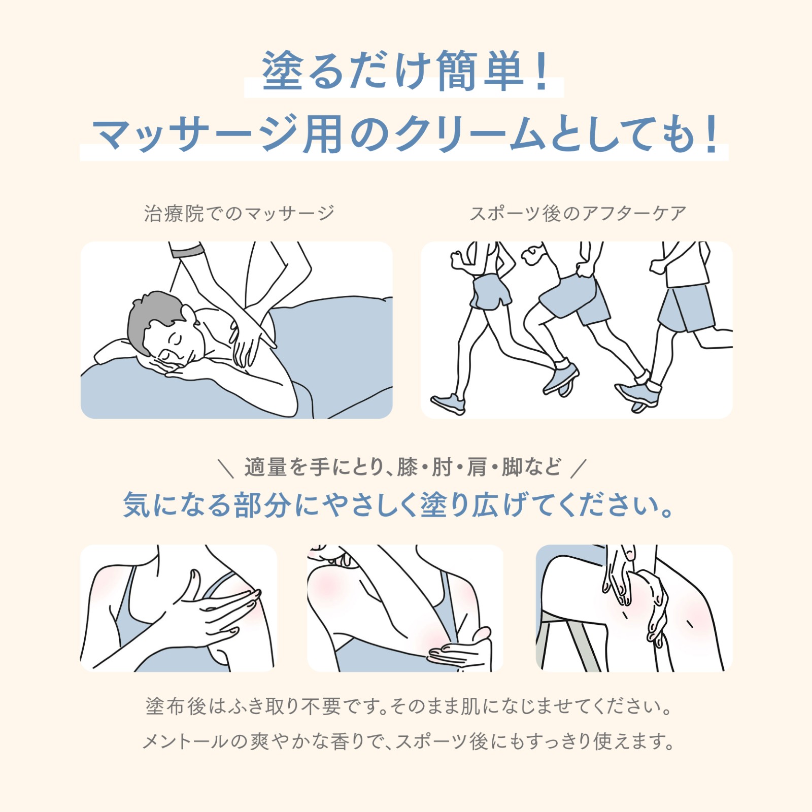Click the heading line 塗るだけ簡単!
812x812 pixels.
[x=405, y=71]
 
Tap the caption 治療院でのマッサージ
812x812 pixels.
[x=239, y=213]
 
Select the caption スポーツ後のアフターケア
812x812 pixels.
[x=578, y=213]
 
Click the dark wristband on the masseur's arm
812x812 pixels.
[x=187, y=249]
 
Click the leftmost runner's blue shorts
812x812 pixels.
[x=490, y=292]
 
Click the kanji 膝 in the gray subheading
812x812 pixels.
[x=407, y=467]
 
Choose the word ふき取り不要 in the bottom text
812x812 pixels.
[x=285, y=706]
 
